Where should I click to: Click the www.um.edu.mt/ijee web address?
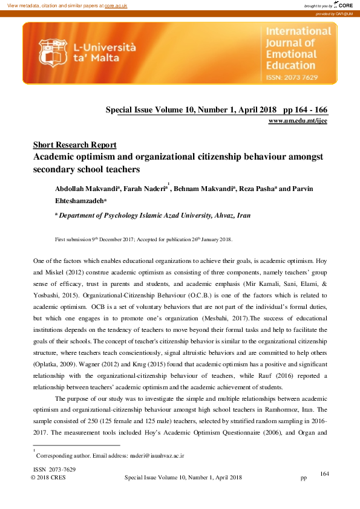297,121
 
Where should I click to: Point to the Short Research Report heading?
74,145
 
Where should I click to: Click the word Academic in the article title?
54,157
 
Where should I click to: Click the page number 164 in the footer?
324,473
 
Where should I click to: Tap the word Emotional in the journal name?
290,55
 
